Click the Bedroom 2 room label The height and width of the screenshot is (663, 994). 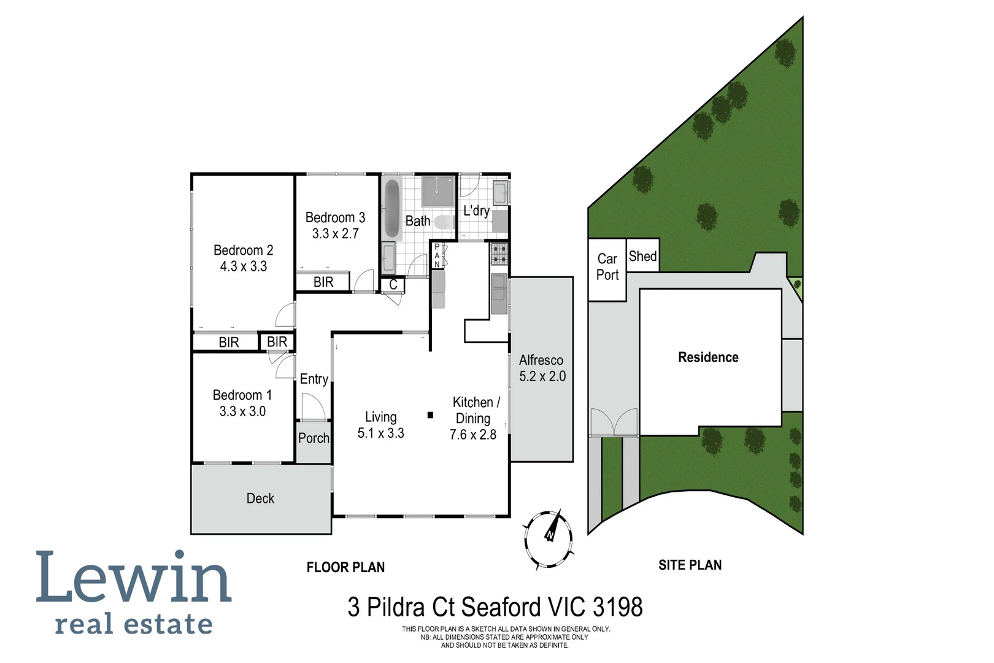pyautogui.click(x=243, y=250)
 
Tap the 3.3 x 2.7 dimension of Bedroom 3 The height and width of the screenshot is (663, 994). pyautogui.click(x=335, y=234)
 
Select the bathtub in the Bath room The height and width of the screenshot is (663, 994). pyautogui.click(x=391, y=209)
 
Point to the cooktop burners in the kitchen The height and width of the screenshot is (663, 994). pyautogui.click(x=499, y=254)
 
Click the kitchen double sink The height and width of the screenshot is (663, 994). pyautogui.click(x=499, y=294)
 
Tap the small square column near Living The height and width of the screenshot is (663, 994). pyautogui.click(x=430, y=416)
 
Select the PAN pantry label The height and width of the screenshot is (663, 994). pyautogui.click(x=437, y=255)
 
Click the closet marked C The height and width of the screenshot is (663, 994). pyautogui.click(x=393, y=285)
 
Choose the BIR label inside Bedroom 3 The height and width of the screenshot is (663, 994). pyautogui.click(x=323, y=282)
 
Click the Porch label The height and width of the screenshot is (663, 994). pyautogui.click(x=314, y=438)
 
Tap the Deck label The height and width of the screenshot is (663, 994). pyautogui.click(x=260, y=498)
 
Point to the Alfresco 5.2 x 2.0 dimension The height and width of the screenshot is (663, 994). pyautogui.click(x=542, y=376)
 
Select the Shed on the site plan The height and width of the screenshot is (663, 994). pyautogui.click(x=642, y=256)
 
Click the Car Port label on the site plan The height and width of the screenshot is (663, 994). pyautogui.click(x=607, y=267)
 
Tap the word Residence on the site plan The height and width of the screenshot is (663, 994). pyautogui.click(x=708, y=357)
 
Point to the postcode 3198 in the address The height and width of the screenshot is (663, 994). pyautogui.click(x=617, y=607)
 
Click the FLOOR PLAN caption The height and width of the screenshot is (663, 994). pyautogui.click(x=345, y=567)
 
